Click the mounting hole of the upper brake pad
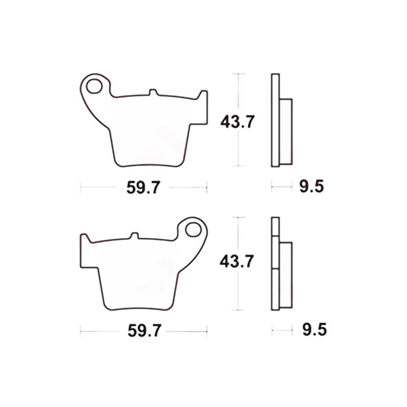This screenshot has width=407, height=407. [x=94, y=86]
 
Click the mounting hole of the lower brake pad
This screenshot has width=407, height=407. [x=193, y=230]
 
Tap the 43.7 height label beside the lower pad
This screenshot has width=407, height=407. [x=237, y=261]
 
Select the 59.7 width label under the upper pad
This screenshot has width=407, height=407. [x=143, y=187]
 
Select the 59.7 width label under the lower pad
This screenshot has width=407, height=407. [x=144, y=330]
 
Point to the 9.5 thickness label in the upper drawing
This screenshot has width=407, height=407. [x=311, y=186]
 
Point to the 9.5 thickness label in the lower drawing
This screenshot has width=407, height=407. [x=315, y=330]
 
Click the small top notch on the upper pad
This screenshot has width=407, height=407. [x=153, y=92]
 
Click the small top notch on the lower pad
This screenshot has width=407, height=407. [x=134, y=235]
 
